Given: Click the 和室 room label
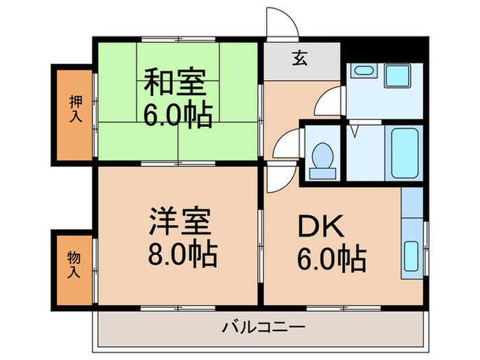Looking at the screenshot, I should [174, 84].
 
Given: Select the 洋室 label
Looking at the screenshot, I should [181, 224].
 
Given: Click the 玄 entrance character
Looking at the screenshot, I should [301, 59].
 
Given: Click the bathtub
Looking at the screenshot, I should [404, 154].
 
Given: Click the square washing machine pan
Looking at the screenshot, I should [396, 74].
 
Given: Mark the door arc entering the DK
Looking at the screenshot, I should [278, 178].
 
